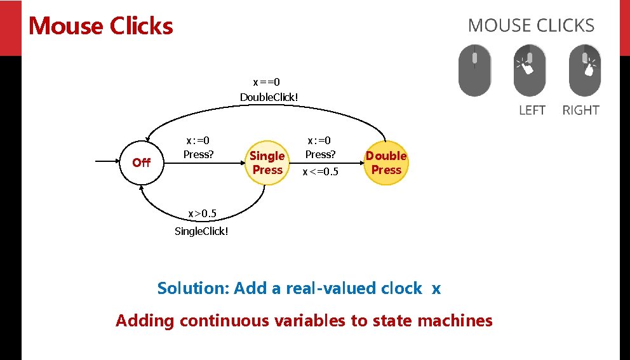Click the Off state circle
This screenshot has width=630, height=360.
coord(141,163)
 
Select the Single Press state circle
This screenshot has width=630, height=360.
coord(267,163)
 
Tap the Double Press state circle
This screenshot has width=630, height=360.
coord(386,163)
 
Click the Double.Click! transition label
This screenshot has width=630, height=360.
coord(269,97)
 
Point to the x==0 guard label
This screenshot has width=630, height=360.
coord(267,82)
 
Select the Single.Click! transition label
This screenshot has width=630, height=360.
coord(201,231)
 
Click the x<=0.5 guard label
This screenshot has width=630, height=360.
coord(320,172)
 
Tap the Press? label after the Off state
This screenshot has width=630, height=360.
coord(198,154)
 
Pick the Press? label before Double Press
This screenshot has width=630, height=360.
coord(320,154)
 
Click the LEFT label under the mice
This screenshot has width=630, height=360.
coord(532,110)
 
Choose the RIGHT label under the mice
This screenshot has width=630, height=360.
coord(580,110)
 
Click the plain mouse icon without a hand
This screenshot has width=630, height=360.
coord(474,70)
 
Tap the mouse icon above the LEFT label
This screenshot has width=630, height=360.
coord(529,70)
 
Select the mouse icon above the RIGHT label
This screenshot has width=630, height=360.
coord(585,70)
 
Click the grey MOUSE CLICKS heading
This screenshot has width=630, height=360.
coord(531,26)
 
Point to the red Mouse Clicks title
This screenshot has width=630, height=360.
coord(101,26)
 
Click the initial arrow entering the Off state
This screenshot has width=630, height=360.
coord(108,163)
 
